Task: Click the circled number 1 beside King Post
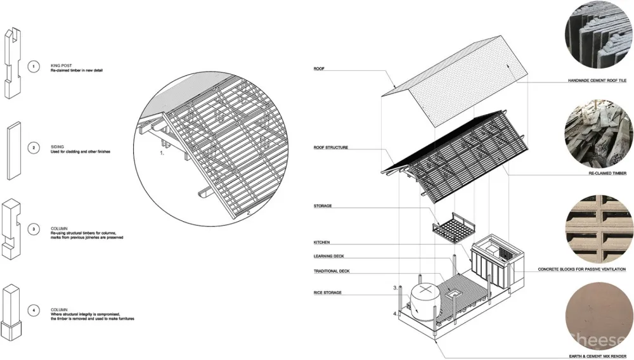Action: click(34, 67)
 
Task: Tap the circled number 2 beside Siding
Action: click(34, 148)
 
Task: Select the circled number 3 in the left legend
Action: click(34, 229)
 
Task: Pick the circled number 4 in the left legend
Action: click(34, 311)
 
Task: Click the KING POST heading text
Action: click(61, 65)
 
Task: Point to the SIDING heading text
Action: click(57, 146)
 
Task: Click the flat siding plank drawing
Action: click(14, 151)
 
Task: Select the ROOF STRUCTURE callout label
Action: click(331, 148)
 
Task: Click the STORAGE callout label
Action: click(323, 206)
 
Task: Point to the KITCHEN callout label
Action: click(322, 242)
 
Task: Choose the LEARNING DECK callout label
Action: click(328, 256)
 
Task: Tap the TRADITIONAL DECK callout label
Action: click(332, 271)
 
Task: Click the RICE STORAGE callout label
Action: click(328, 293)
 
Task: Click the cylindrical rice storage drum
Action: click(423, 302)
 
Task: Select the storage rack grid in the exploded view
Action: click(453, 228)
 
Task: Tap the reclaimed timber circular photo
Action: click(599, 134)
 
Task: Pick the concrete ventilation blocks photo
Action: click(599, 229)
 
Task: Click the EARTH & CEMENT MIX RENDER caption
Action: click(598, 356)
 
